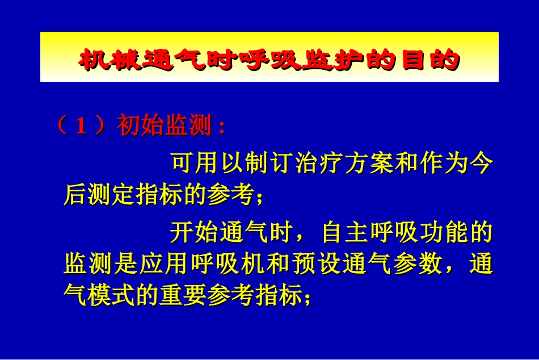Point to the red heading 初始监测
point(165,127)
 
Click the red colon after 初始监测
point(222,128)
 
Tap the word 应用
point(170,264)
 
